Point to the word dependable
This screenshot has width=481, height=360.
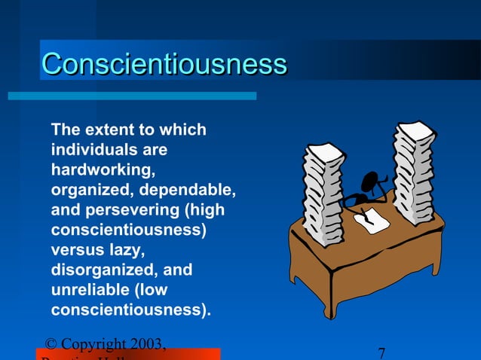[198, 190]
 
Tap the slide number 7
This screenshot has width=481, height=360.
[381, 353]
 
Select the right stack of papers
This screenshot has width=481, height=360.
[412, 173]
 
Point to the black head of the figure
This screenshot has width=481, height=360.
[372, 183]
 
